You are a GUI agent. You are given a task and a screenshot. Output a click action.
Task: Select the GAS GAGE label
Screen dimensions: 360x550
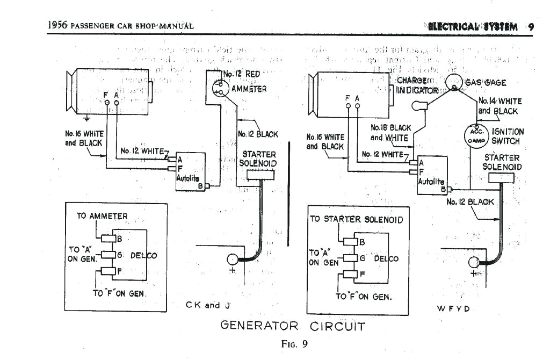coord(486,82)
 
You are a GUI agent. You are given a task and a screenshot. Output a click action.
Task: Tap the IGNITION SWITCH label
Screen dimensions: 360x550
coord(507,136)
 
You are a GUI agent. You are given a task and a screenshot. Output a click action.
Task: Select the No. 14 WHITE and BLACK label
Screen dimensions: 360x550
coord(499,106)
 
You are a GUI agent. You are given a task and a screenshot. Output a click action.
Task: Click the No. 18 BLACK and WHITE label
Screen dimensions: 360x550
coord(391,133)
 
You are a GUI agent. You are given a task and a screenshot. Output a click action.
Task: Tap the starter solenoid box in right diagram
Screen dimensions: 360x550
coord(500,177)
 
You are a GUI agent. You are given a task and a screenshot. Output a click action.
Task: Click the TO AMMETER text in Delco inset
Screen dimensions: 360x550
coord(102,216)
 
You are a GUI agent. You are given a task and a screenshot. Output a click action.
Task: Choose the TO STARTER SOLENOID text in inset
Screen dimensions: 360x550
coord(356,219)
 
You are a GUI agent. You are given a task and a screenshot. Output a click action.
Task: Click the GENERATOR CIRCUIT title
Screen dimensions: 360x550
coord(293,326)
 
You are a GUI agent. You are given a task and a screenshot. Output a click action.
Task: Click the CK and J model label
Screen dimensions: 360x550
coord(208,305)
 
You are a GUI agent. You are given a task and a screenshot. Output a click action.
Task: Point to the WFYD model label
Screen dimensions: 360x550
coord(454,308)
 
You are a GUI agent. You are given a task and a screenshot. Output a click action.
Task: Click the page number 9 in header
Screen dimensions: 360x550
coord(530,26)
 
